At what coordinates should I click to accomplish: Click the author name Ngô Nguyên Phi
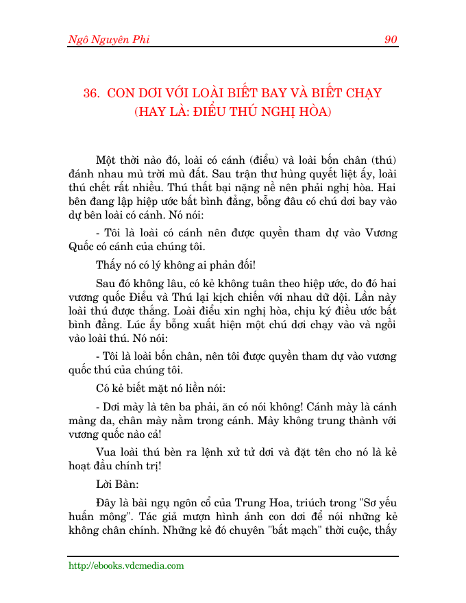point(108,40)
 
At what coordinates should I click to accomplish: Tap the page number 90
point(391,40)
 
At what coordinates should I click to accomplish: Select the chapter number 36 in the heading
point(92,94)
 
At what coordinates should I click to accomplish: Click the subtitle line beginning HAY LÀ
point(233,111)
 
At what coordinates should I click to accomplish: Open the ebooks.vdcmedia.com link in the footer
point(126,566)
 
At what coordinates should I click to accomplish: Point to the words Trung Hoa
point(239,500)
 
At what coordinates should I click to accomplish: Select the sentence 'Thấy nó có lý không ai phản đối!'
point(176,264)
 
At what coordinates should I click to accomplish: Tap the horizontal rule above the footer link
point(233,556)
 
